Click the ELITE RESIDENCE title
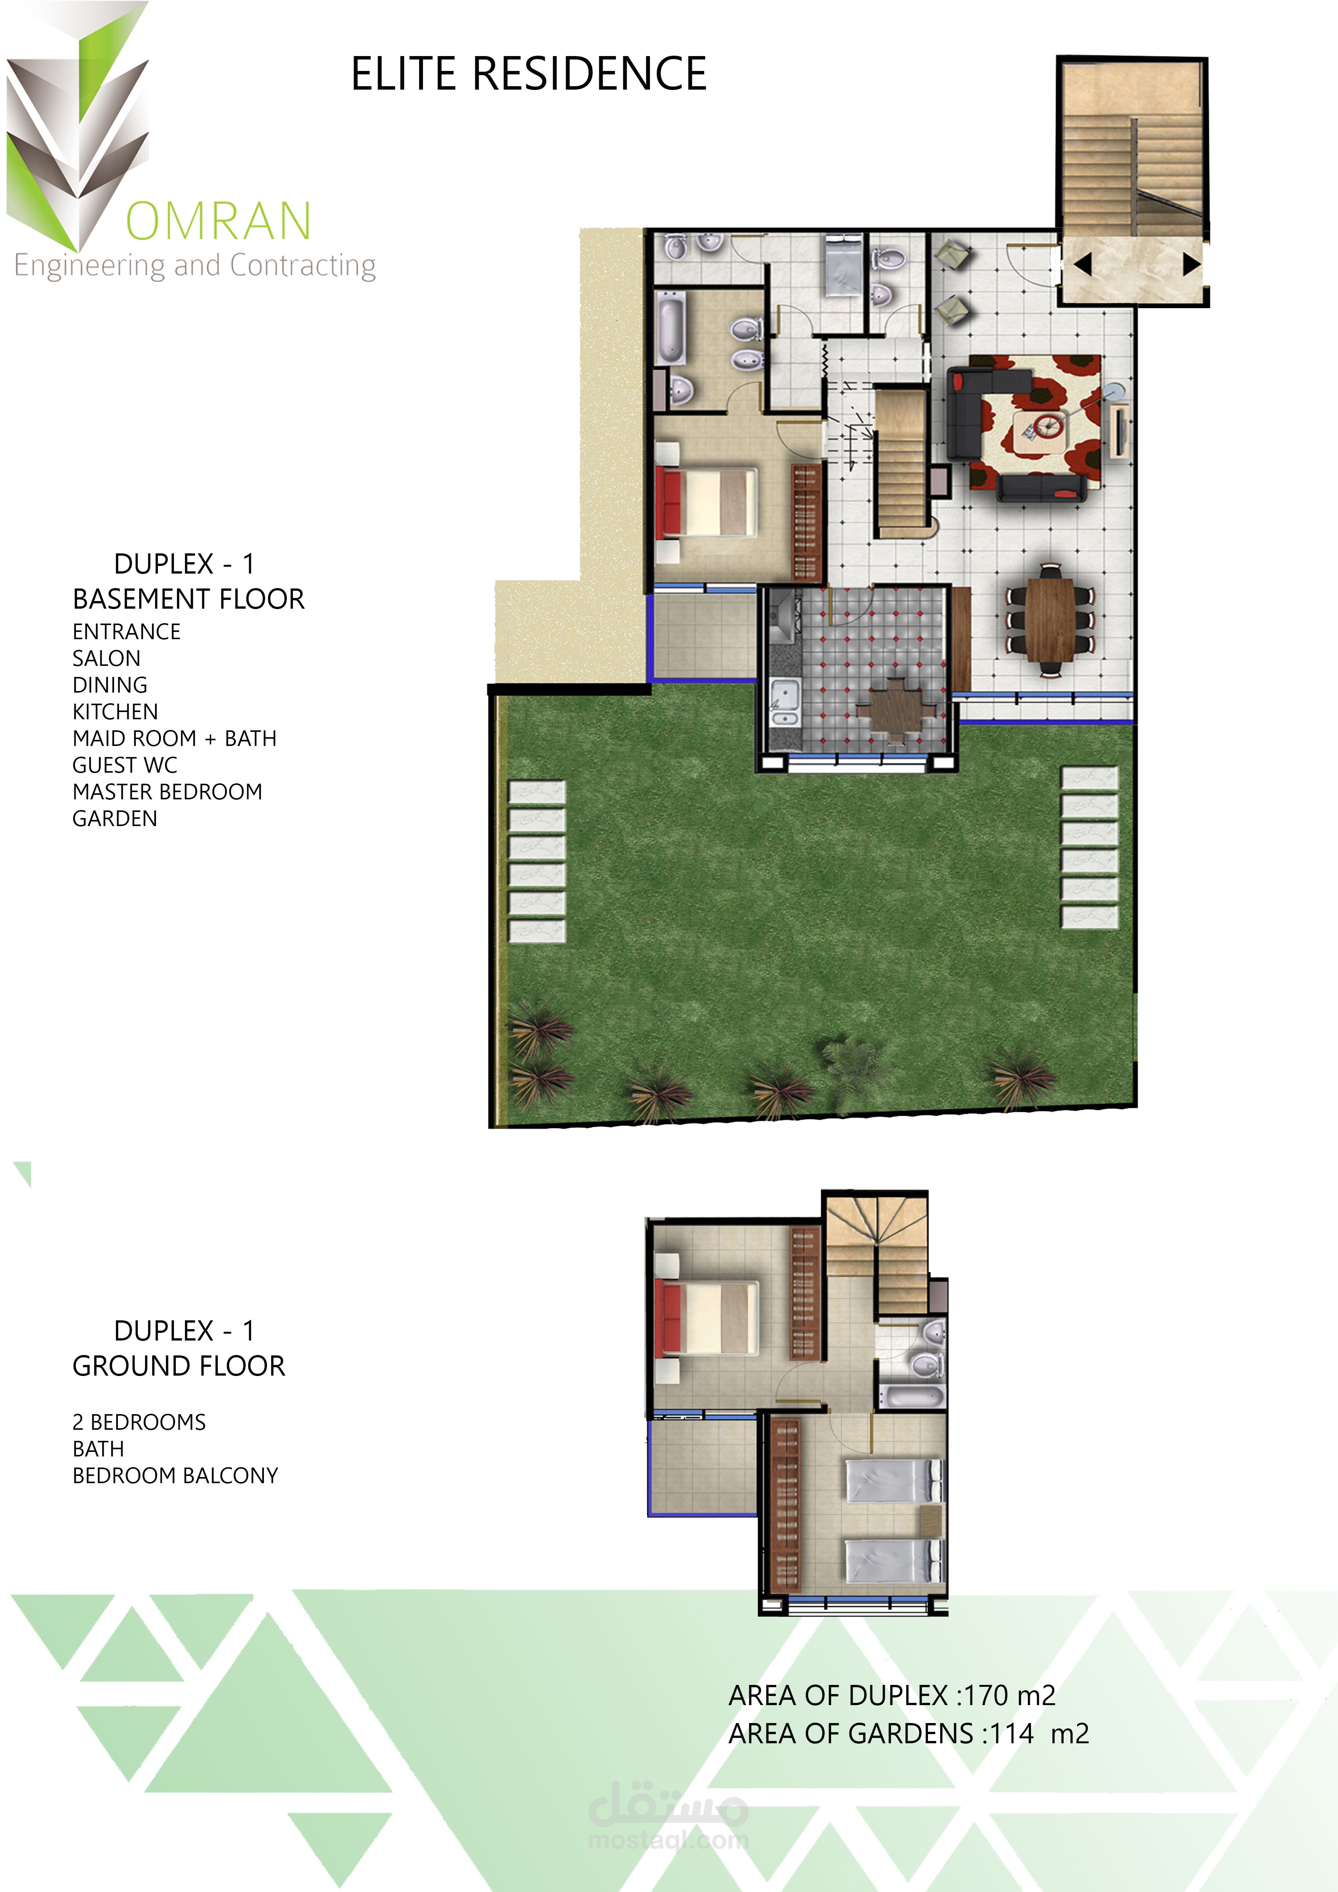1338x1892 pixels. coord(529,74)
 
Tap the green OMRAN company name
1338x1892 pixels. coord(218,221)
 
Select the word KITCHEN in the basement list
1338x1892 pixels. coord(115,712)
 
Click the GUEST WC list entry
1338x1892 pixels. coord(125,765)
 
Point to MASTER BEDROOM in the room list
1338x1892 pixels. coord(167,792)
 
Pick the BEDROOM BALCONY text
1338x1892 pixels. coord(175,1476)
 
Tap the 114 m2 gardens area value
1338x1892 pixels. coord(1040,1734)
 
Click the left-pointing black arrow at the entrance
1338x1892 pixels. coord(1082,265)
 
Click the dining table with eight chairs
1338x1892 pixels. coord(1050,620)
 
